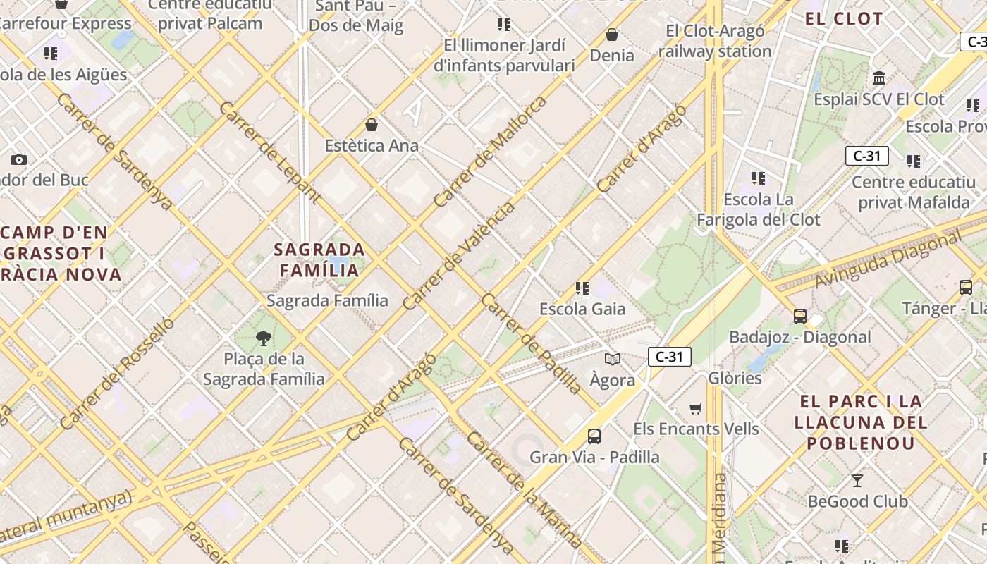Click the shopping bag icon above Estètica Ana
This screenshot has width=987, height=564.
tap(372, 125)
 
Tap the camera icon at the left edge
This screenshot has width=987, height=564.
tap(19, 160)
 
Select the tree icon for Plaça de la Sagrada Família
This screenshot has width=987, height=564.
tap(264, 338)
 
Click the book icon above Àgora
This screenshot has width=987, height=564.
tap(613, 360)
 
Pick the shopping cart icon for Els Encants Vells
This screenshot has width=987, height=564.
tap(696, 408)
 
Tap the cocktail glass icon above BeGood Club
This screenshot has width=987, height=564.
tap(857, 481)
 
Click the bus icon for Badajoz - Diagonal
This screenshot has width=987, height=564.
tap(799, 317)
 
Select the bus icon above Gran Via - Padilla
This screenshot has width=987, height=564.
tap(594, 436)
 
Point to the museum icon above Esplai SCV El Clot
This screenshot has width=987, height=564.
tap(878, 78)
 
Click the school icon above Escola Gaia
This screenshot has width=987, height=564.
tap(582, 288)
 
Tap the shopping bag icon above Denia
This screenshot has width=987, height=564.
tap(612, 35)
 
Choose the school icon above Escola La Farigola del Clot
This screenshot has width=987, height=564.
tap(759, 178)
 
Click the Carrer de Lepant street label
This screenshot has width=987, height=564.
tap(270, 153)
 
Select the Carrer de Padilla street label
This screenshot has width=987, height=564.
tap(532, 343)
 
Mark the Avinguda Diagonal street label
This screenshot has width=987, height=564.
tap(888, 259)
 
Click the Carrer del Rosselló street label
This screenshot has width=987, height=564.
tap(117, 373)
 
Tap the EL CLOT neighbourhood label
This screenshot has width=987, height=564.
tap(844, 19)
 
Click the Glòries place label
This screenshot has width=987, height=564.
tap(735, 378)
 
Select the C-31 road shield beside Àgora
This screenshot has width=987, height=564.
tap(669, 357)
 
